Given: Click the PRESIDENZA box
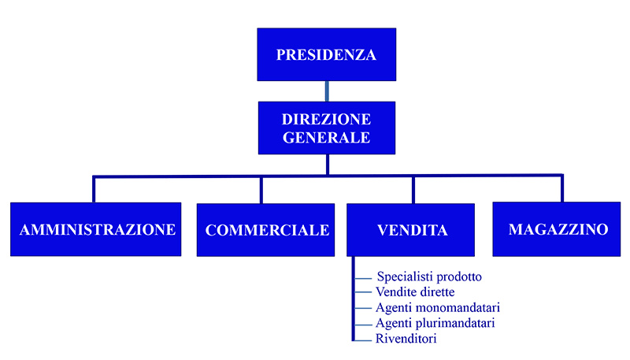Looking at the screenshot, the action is tap(327, 54).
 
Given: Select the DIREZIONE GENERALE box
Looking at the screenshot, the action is tap(327, 128).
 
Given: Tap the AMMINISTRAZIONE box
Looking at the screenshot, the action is tap(95, 229).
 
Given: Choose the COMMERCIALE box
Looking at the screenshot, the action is tap(265, 230).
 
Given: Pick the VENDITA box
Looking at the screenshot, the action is tap(410, 230).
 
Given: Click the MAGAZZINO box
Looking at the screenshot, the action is tap(557, 229).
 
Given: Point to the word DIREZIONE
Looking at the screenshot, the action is tap(326, 119).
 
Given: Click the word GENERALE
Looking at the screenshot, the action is tap(326, 138).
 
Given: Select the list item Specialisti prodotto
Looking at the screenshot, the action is tap(429, 276).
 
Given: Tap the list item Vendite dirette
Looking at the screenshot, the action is tap(415, 292).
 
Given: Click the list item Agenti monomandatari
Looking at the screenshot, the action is tap(438, 308).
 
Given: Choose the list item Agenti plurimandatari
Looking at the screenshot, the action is tap(435, 323).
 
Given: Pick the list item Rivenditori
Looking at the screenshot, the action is tap(406, 339).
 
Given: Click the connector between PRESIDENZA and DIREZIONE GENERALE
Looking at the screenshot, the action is tap(327, 91).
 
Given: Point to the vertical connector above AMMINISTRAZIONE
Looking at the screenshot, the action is tap(94, 189).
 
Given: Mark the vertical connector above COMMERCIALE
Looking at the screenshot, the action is tap(261, 190).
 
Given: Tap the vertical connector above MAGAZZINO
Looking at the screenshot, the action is tap(562, 188).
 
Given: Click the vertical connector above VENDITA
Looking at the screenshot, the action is tap(413, 190).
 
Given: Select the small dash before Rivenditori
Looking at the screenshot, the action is tap(363, 341).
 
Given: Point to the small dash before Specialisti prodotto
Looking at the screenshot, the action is tap(363, 278).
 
